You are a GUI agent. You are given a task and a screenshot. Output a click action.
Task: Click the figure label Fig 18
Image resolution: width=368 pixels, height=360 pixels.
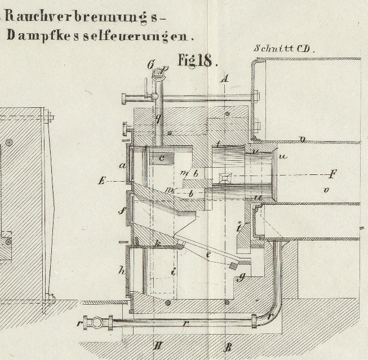point(197,60)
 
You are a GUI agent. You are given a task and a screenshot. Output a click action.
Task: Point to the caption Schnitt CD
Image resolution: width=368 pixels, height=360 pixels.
point(285,49)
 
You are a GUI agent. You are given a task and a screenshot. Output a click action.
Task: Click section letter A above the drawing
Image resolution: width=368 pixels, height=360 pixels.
point(224,78)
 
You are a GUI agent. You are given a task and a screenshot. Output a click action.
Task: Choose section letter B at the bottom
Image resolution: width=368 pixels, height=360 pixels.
point(228,347)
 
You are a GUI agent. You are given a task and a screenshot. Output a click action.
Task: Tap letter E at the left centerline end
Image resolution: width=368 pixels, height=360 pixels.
point(101,181)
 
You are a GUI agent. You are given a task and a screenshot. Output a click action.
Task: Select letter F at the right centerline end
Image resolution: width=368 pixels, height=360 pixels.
point(333,173)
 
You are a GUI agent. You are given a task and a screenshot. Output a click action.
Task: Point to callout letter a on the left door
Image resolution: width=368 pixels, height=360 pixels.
point(122,165)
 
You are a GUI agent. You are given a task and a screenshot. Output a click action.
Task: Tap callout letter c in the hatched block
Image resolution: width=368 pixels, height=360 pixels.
point(161,158)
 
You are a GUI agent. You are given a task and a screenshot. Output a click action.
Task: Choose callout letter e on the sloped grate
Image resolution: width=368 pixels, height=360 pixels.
point(208,255)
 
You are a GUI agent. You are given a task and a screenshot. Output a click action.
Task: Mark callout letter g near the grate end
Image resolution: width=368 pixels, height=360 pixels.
point(241,276)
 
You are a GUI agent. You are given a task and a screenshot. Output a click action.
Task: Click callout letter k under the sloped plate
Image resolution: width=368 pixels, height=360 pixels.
point(158,243)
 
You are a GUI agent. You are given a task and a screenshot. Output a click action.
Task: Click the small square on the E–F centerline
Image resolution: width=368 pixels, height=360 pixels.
point(225,178)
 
